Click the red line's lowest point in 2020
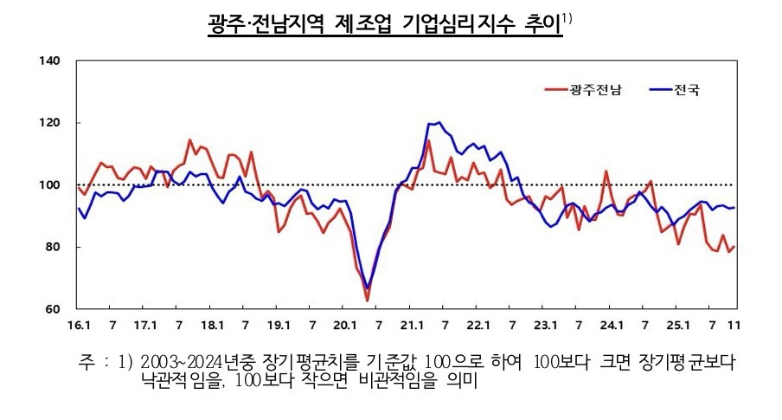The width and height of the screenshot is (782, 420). (367, 300)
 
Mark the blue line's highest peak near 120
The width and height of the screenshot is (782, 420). (439, 122)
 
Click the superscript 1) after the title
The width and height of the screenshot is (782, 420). (567, 16)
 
